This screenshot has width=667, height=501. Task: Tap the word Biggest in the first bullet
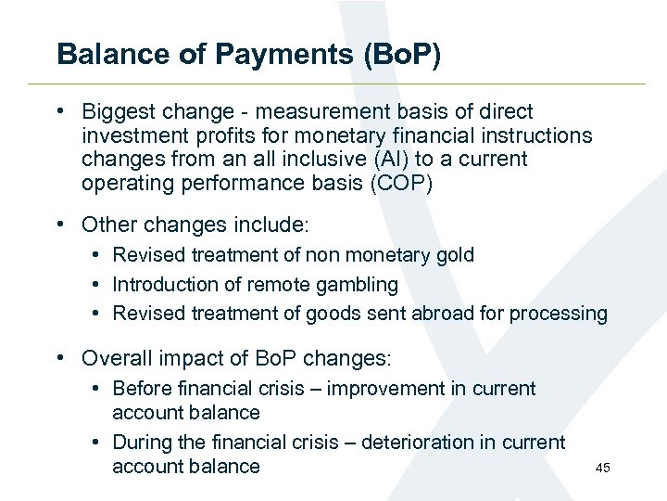pos(118,112)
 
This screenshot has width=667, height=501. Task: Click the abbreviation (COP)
pos(400,183)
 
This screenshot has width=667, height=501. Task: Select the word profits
pos(212,135)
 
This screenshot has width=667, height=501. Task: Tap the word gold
pos(453,255)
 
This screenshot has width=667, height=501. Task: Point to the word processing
pos(564,314)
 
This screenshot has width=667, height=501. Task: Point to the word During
pos(142,443)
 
